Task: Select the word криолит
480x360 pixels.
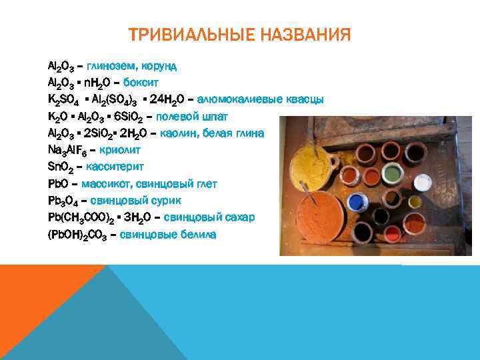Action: tap(117, 150)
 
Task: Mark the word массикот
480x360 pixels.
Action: tap(112, 184)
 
